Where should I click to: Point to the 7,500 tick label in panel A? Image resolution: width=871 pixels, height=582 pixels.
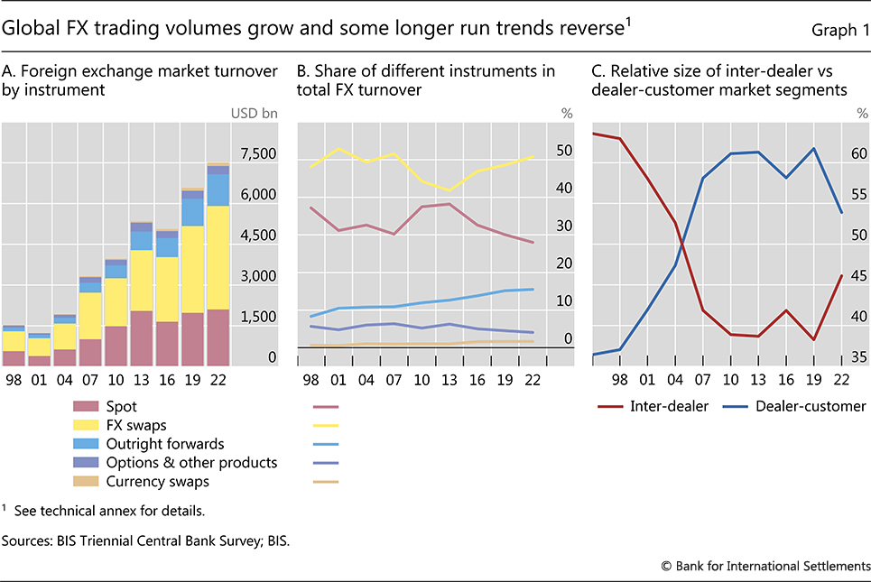tap(258, 154)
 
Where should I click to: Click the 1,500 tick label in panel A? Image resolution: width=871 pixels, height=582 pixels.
tap(258, 317)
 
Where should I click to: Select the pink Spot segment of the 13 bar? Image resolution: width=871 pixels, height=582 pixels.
tap(141, 337)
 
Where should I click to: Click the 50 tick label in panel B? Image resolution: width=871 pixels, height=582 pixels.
tap(564, 151)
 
